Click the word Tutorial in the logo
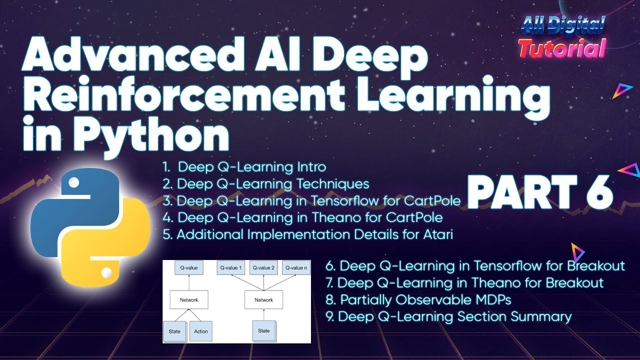click(x=561, y=48)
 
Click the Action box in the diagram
click(x=200, y=331)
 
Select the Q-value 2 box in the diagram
click(x=263, y=268)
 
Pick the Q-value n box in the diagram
click(x=295, y=268)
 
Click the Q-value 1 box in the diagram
click(x=230, y=268)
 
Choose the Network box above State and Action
click(x=188, y=299)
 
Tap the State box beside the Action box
click(x=174, y=331)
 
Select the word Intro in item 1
click(x=309, y=166)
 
